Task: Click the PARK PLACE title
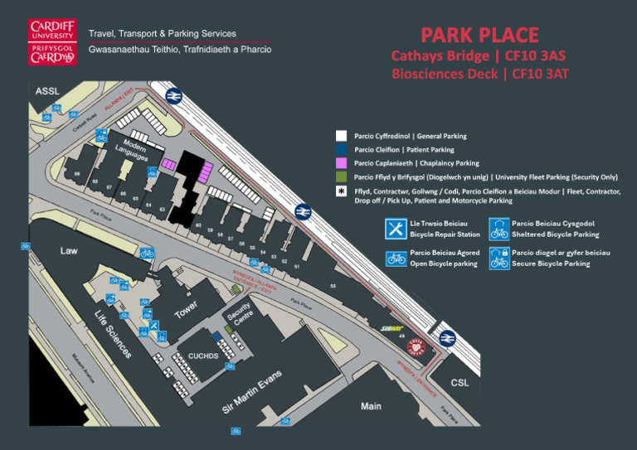click(479, 35)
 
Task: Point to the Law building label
click(69, 249)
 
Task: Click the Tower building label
click(187, 308)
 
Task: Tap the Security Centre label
click(240, 315)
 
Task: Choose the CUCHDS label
click(202, 356)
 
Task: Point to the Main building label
click(371, 406)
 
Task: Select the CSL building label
click(459, 383)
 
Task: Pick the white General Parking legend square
click(341, 136)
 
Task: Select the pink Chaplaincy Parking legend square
click(341, 163)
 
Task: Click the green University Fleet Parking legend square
click(341, 177)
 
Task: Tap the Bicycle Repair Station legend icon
click(396, 228)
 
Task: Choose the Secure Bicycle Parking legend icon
click(498, 258)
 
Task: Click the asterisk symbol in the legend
click(341, 191)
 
